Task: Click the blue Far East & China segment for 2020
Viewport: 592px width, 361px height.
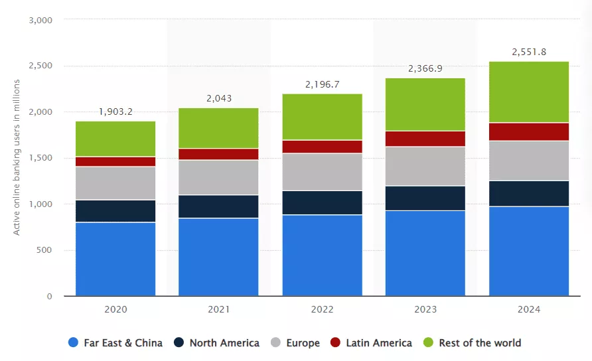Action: pos(115,259)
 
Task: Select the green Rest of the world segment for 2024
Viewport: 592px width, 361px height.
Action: pos(529,92)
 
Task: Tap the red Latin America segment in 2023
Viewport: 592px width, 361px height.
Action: pos(425,138)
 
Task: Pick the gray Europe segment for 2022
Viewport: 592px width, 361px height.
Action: pos(322,172)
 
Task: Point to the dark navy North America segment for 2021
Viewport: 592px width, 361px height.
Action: pos(218,206)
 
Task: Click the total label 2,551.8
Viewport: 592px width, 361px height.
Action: pos(529,52)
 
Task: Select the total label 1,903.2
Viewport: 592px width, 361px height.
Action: pos(115,111)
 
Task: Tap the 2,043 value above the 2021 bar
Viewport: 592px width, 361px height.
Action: pos(218,98)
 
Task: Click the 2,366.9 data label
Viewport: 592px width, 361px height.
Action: pos(425,68)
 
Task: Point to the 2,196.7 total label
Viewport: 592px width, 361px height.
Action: pos(322,84)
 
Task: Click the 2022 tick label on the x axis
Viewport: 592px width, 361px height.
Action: pos(322,309)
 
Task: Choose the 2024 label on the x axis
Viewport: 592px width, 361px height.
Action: pos(529,309)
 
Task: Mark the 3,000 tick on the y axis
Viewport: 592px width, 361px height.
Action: pos(41,20)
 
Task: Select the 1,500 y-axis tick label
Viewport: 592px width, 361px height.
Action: pos(41,158)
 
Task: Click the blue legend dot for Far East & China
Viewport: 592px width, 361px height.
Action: pos(74,343)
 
